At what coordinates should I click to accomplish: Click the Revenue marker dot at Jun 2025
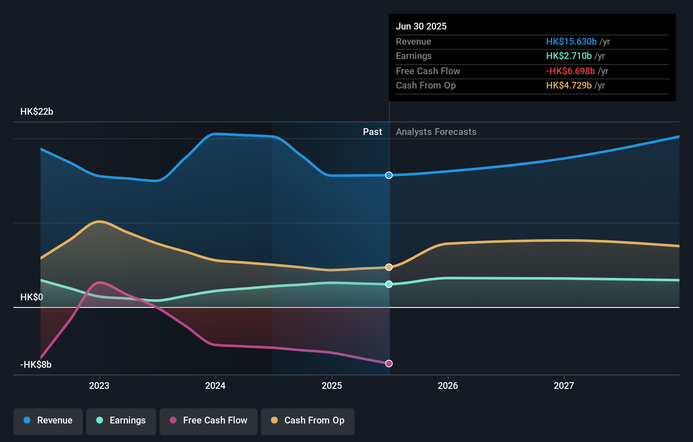389,175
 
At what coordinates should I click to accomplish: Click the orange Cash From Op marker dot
389,267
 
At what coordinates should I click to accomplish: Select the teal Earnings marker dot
389,284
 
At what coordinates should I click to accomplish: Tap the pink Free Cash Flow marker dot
389,364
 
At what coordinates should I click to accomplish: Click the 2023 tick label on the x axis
99,385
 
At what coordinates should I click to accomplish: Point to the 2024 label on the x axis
215,385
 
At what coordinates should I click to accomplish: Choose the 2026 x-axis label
448,385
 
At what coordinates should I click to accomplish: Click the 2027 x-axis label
564,385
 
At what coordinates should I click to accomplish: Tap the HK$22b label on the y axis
37,112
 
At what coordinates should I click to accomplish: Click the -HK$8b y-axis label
36,365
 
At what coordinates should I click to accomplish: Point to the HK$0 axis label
32,297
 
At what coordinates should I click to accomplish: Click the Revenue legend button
48,420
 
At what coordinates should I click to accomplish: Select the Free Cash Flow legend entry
208,420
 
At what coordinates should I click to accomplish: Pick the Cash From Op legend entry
308,420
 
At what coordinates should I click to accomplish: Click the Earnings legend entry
121,420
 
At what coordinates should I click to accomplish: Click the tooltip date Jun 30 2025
421,26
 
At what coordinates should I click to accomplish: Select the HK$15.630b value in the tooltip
571,41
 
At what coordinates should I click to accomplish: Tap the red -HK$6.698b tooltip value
570,71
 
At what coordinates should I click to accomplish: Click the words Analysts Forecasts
436,132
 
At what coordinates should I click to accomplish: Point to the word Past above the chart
372,132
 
